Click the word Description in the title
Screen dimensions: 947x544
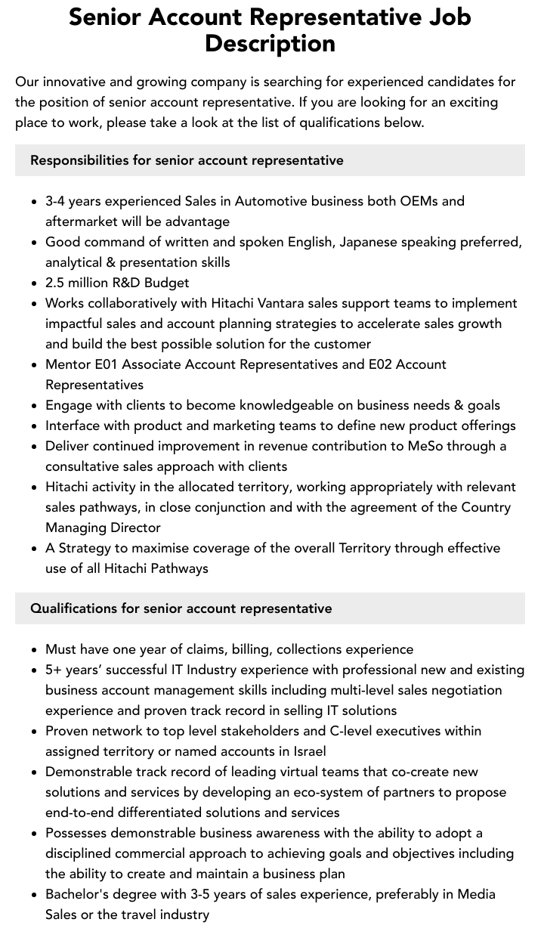coord(270,43)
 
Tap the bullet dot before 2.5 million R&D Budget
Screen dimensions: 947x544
coord(34,283)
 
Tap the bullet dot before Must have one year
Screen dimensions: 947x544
coord(34,650)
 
